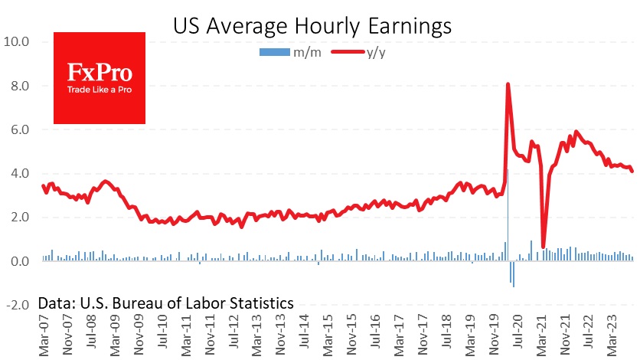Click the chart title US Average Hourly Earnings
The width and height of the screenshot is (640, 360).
[x=312, y=26]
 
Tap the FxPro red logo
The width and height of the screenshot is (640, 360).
[x=100, y=77]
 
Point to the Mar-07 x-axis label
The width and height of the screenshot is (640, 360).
[x=45, y=337]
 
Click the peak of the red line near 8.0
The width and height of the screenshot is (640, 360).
[x=508, y=83]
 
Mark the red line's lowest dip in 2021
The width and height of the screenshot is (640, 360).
[x=544, y=247]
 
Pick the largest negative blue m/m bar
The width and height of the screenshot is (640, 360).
[x=514, y=273]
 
